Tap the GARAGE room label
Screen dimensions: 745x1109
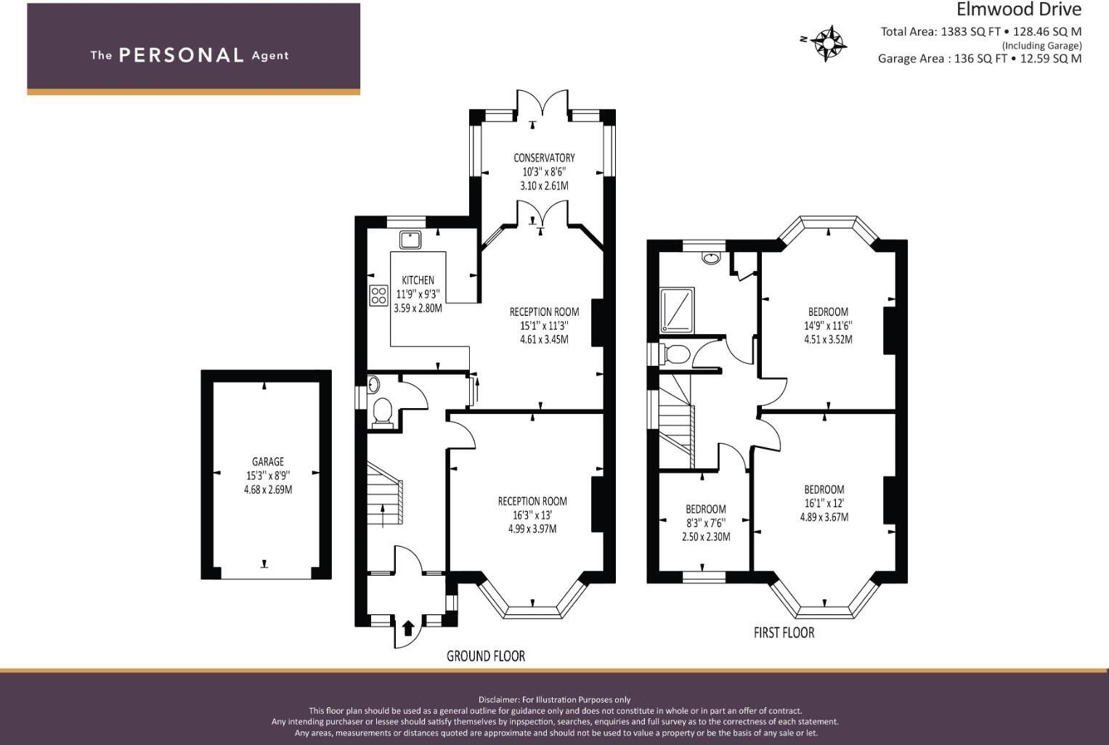coord(268,462)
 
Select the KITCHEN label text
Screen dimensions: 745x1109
coord(418,280)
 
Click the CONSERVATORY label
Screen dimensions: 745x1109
coord(544,158)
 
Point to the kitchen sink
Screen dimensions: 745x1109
coord(410,239)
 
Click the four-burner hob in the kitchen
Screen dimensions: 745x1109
coord(378,296)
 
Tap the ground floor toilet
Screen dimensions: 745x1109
coord(382,411)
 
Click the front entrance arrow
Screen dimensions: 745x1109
coord(407,628)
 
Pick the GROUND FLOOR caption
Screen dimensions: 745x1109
coord(485,656)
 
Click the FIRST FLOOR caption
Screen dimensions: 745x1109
coord(784,633)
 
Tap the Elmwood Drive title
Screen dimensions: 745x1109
coord(1018,9)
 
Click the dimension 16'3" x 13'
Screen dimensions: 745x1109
coord(532,515)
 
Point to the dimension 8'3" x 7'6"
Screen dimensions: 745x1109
coord(706,523)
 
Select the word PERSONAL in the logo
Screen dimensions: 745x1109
coord(181,55)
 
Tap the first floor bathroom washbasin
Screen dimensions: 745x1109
coord(711,256)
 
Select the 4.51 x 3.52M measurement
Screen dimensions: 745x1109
coord(828,340)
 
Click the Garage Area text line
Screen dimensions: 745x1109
coord(979,59)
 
